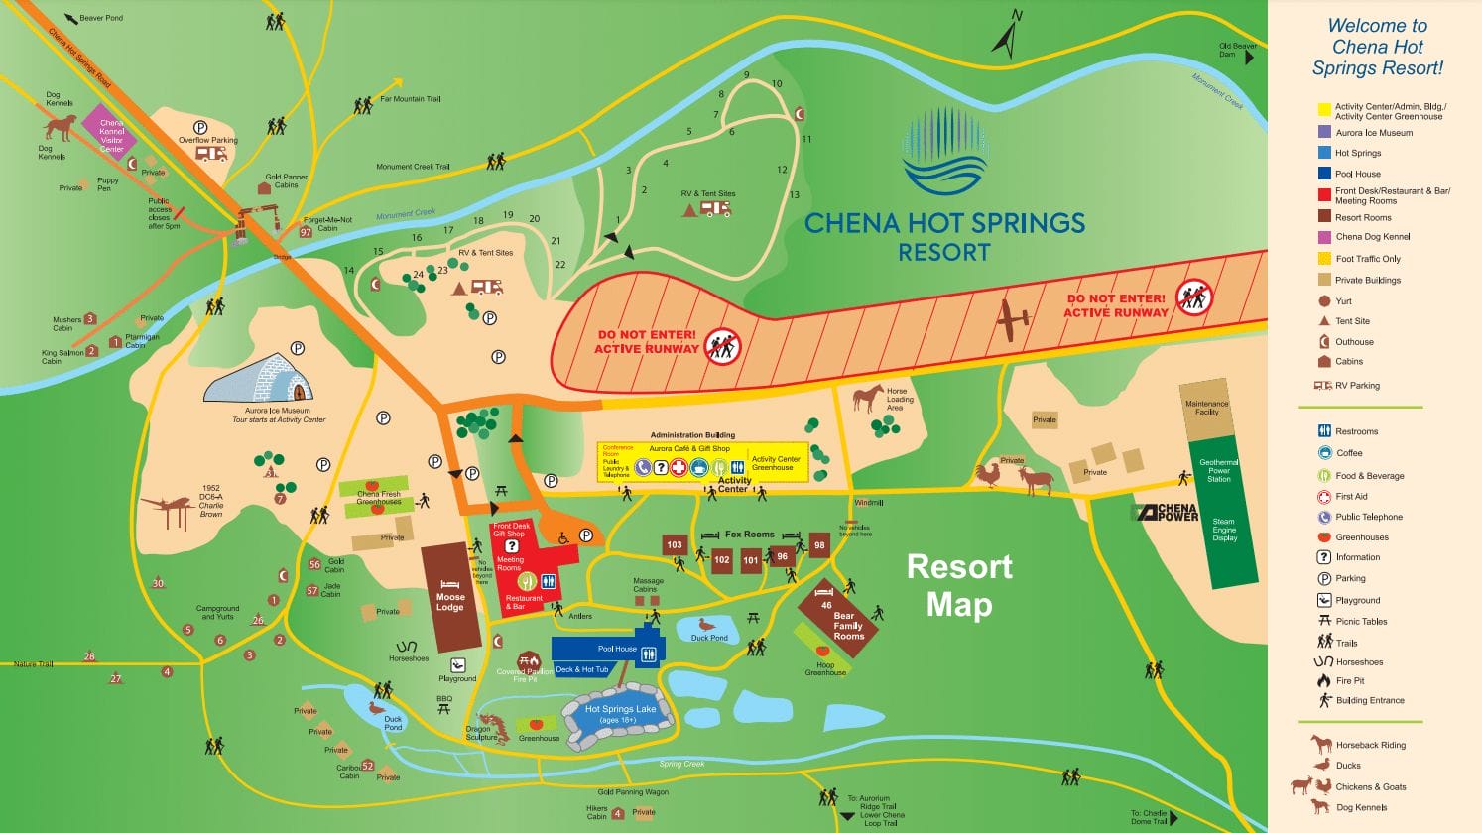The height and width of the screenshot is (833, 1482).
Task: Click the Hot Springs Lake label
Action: point(620,709)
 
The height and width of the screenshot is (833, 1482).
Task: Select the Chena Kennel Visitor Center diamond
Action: point(111,131)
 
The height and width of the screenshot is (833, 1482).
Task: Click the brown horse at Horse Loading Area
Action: point(867,398)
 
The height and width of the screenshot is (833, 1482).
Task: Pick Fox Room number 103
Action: point(675,544)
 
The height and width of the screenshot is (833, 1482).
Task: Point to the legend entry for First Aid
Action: point(1350,497)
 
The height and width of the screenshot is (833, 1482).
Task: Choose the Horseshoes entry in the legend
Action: point(1358,662)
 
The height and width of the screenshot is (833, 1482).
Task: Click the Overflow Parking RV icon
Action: point(211,153)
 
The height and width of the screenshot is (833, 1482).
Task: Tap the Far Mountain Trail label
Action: point(410,99)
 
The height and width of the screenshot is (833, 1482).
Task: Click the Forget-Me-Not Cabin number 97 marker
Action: point(306,232)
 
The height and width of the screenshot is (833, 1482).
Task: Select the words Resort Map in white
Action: point(959,585)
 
